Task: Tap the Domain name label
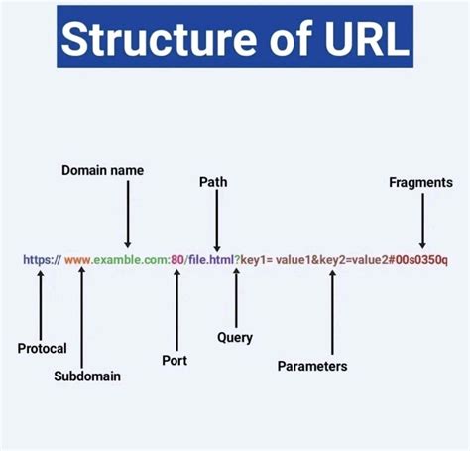point(102,170)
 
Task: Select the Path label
point(213,182)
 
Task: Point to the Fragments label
point(420,182)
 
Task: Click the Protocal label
point(43,348)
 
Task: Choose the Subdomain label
point(88,376)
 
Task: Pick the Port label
point(175,360)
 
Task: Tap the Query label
point(235,337)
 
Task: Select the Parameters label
point(312,366)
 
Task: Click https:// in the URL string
point(42,260)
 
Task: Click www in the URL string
point(78,260)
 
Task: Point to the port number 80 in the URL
point(176,260)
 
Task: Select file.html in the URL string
point(210,260)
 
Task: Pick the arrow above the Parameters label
point(331,312)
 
